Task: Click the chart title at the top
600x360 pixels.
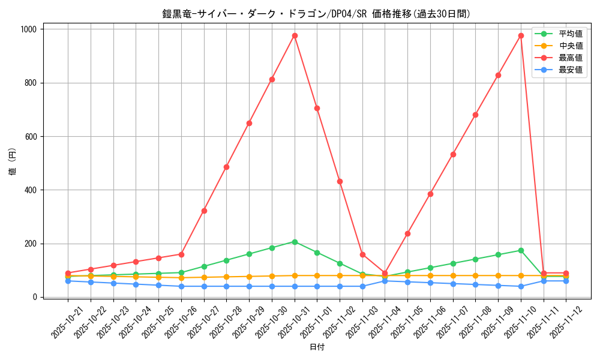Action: tap(316, 14)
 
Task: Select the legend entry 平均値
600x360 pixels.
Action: tap(570, 34)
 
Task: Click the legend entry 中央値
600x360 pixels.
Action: tap(570, 46)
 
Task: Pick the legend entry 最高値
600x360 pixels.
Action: tap(570, 58)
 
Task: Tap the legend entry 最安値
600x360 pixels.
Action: tap(570, 70)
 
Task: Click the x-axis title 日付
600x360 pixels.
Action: tap(317, 347)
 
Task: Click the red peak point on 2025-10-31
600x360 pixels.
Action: tap(295, 35)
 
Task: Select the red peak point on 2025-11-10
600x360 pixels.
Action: tap(521, 35)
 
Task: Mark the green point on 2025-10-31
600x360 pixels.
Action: tap(295, 242)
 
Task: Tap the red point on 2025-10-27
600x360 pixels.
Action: tap(204, 211)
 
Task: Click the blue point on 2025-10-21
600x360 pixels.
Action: tap(68, 281)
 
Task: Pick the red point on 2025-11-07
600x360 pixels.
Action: tap(453, 154)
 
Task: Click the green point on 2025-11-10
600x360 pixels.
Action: tap(521, 250)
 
